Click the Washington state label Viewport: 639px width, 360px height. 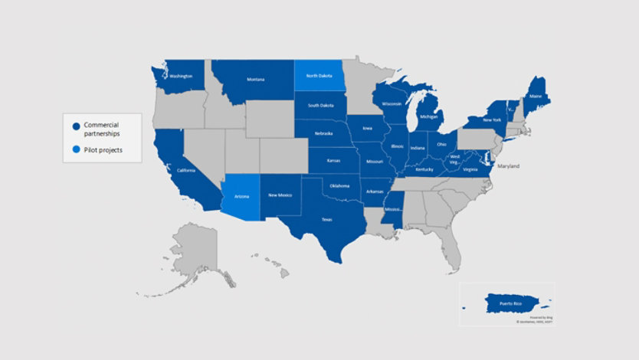181,77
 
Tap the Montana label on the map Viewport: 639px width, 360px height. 255,80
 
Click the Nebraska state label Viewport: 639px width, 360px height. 323,134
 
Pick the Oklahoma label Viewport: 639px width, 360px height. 339,185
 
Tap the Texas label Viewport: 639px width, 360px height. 326,220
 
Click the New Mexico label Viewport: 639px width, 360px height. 280,196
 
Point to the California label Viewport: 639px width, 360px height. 186,170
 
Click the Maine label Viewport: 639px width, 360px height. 536,97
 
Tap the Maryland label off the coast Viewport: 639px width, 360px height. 508,166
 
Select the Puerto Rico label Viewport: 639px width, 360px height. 512,304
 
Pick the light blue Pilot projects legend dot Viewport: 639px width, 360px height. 77,150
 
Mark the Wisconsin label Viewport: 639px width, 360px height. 392,104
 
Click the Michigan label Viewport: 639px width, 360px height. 428,117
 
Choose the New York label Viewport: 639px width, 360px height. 492,120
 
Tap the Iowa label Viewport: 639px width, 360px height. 368,129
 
